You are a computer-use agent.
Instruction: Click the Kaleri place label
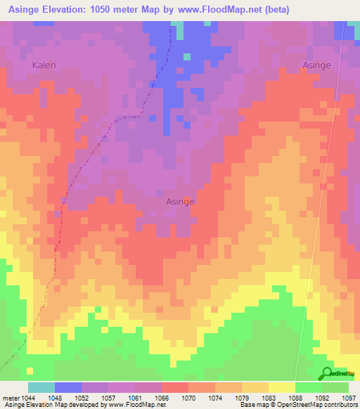point(44,65)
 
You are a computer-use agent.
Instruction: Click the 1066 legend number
point(162,398)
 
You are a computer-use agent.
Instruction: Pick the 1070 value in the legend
point(189,398)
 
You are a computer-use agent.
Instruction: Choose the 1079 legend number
point(243,398)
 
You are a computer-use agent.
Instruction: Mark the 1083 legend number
point(269,398)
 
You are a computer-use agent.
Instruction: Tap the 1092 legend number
point(323,398)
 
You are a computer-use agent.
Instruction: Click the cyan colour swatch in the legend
point(41,387)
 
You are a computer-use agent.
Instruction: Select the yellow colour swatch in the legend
point(282,387)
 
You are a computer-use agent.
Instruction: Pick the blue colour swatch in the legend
point(68,387)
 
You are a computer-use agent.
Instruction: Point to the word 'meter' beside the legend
point(10,398)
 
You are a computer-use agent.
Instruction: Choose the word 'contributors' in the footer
point(340,405)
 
